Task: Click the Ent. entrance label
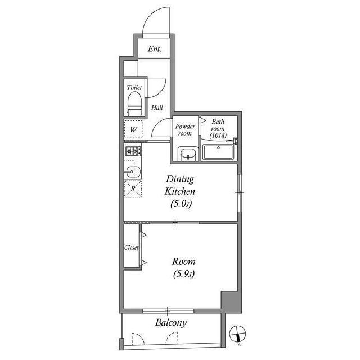pos(155,49)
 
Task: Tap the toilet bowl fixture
pos(134,102)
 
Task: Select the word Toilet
pos(134,88)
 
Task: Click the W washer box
pos(133,129)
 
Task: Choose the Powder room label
pos(184,129)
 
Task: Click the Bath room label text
pos(218,128)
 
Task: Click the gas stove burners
pos(133,151)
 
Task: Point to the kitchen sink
pos(133,171)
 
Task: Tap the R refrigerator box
pos(133,189)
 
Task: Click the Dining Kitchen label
pos(179,186)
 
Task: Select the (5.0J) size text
pos(181,204)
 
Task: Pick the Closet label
pos(131,247)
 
